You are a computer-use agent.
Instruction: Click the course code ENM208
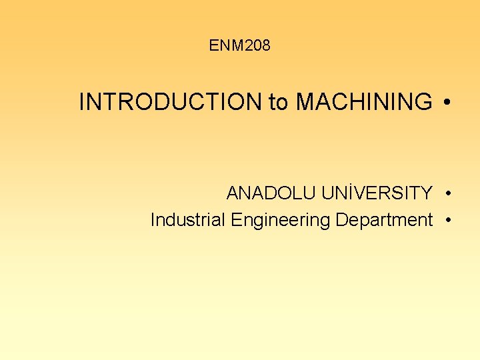point(239,46)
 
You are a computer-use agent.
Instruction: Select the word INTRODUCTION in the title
point(171,103)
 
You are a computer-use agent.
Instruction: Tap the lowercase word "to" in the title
point(279,103)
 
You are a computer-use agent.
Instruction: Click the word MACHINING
point(363,103)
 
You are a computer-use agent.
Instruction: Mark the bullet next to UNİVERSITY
point(451,194)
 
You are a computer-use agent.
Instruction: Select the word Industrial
point(189,219)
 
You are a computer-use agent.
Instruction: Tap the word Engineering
point(280,220)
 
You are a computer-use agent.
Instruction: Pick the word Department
point(384,220)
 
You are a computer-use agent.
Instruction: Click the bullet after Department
point(451,220)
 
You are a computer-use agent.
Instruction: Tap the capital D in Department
point(341,219)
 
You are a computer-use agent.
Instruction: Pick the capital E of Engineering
point(235,219)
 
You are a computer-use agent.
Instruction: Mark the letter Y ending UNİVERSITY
point(427,193)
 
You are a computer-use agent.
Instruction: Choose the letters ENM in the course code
point(225,46)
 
